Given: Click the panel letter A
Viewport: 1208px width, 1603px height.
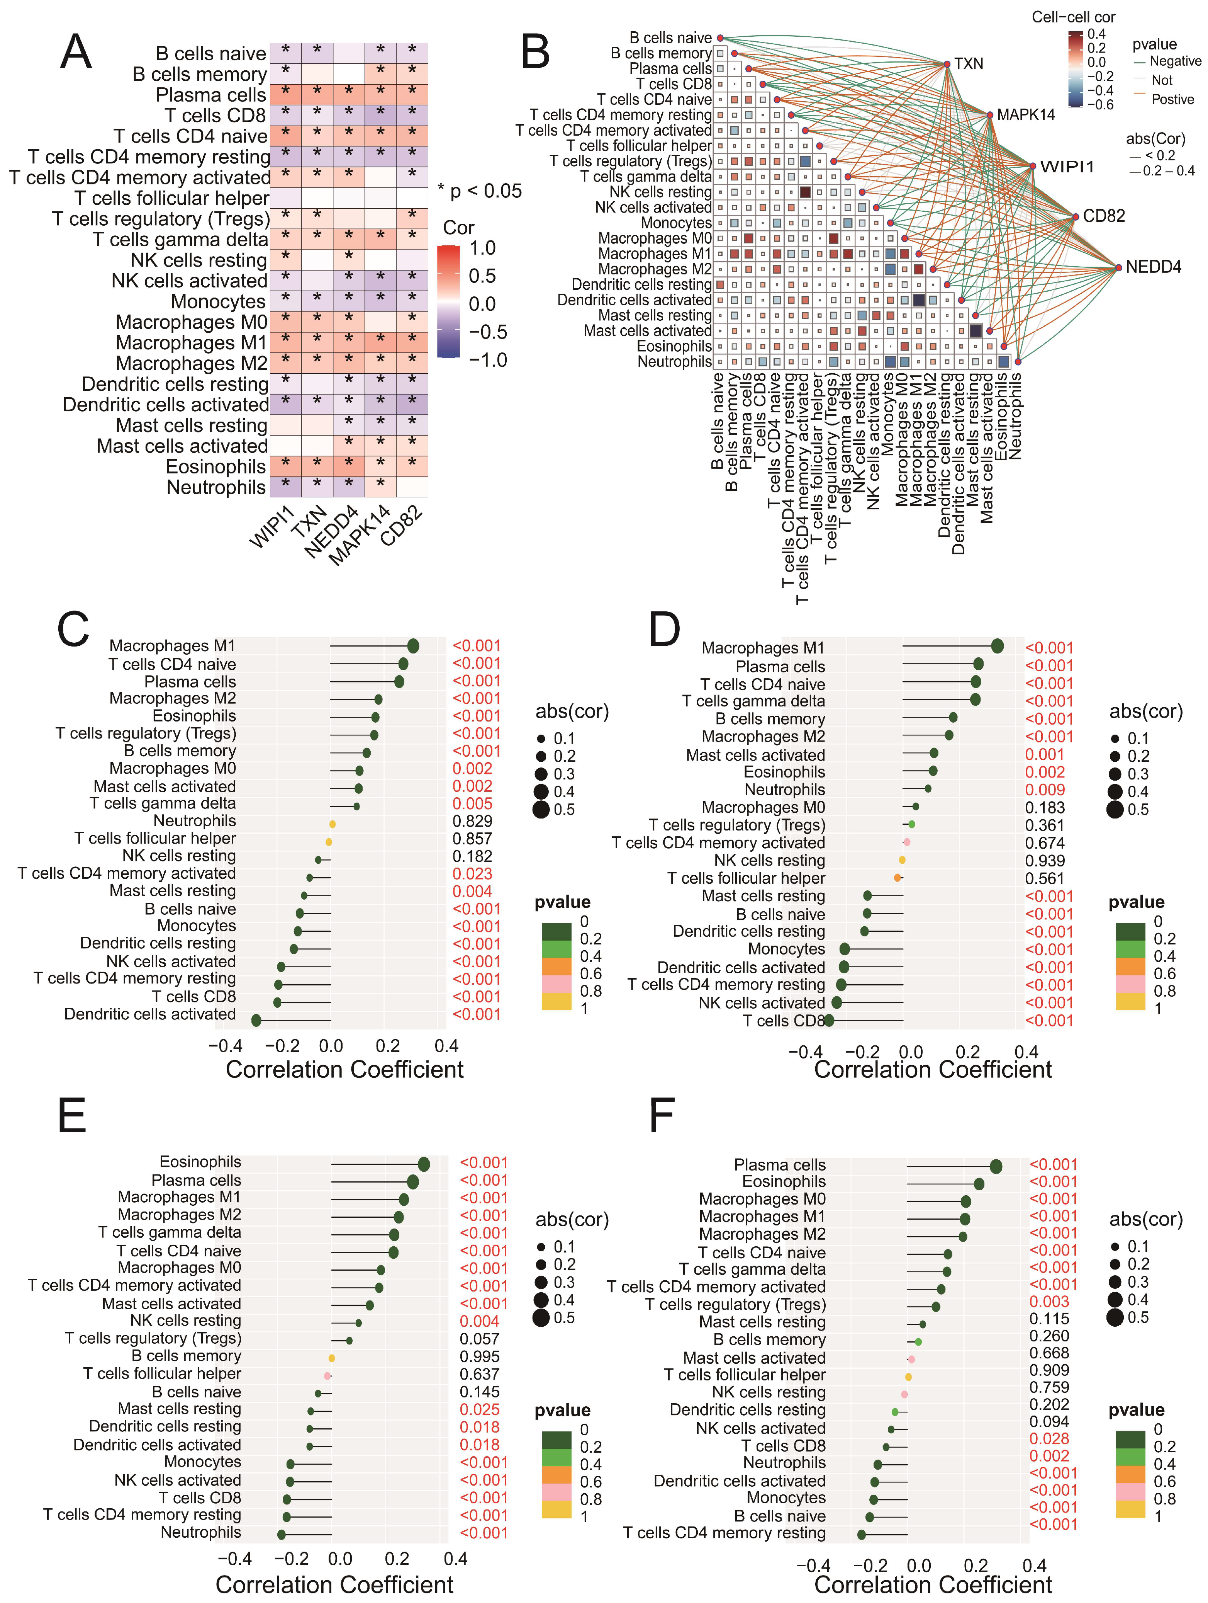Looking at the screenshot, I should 76,52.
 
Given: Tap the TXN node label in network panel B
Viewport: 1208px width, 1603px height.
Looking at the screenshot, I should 968,64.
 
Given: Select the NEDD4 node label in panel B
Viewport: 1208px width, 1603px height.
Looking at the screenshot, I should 1153,267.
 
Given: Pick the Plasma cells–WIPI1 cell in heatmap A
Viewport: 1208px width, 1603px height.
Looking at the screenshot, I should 285,94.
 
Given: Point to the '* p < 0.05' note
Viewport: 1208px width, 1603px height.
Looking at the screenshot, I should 479,191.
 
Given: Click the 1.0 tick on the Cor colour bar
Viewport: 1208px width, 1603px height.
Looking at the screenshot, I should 482,248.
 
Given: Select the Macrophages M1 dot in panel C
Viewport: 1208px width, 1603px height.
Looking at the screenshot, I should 413,646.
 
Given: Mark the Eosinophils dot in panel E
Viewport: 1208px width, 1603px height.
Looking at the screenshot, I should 424,1164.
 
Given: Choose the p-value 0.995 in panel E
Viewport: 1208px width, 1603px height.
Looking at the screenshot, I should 479,1356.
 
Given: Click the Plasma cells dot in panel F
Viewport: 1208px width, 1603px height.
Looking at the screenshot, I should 996,1166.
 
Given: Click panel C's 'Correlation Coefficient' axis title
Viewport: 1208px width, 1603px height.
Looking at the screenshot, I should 345,1070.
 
